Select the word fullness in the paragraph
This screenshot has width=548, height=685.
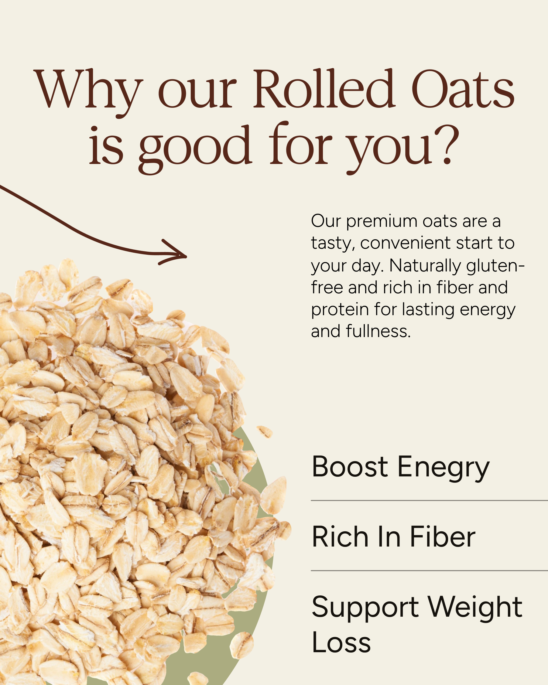(x=378, y=331)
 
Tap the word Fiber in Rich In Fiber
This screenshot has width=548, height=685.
(x=443, y=536)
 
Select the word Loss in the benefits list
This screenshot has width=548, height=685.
(x=341, y=642)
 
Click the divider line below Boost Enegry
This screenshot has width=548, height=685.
(x=430, y=501)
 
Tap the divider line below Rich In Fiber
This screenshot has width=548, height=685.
(x=430, y=571)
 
